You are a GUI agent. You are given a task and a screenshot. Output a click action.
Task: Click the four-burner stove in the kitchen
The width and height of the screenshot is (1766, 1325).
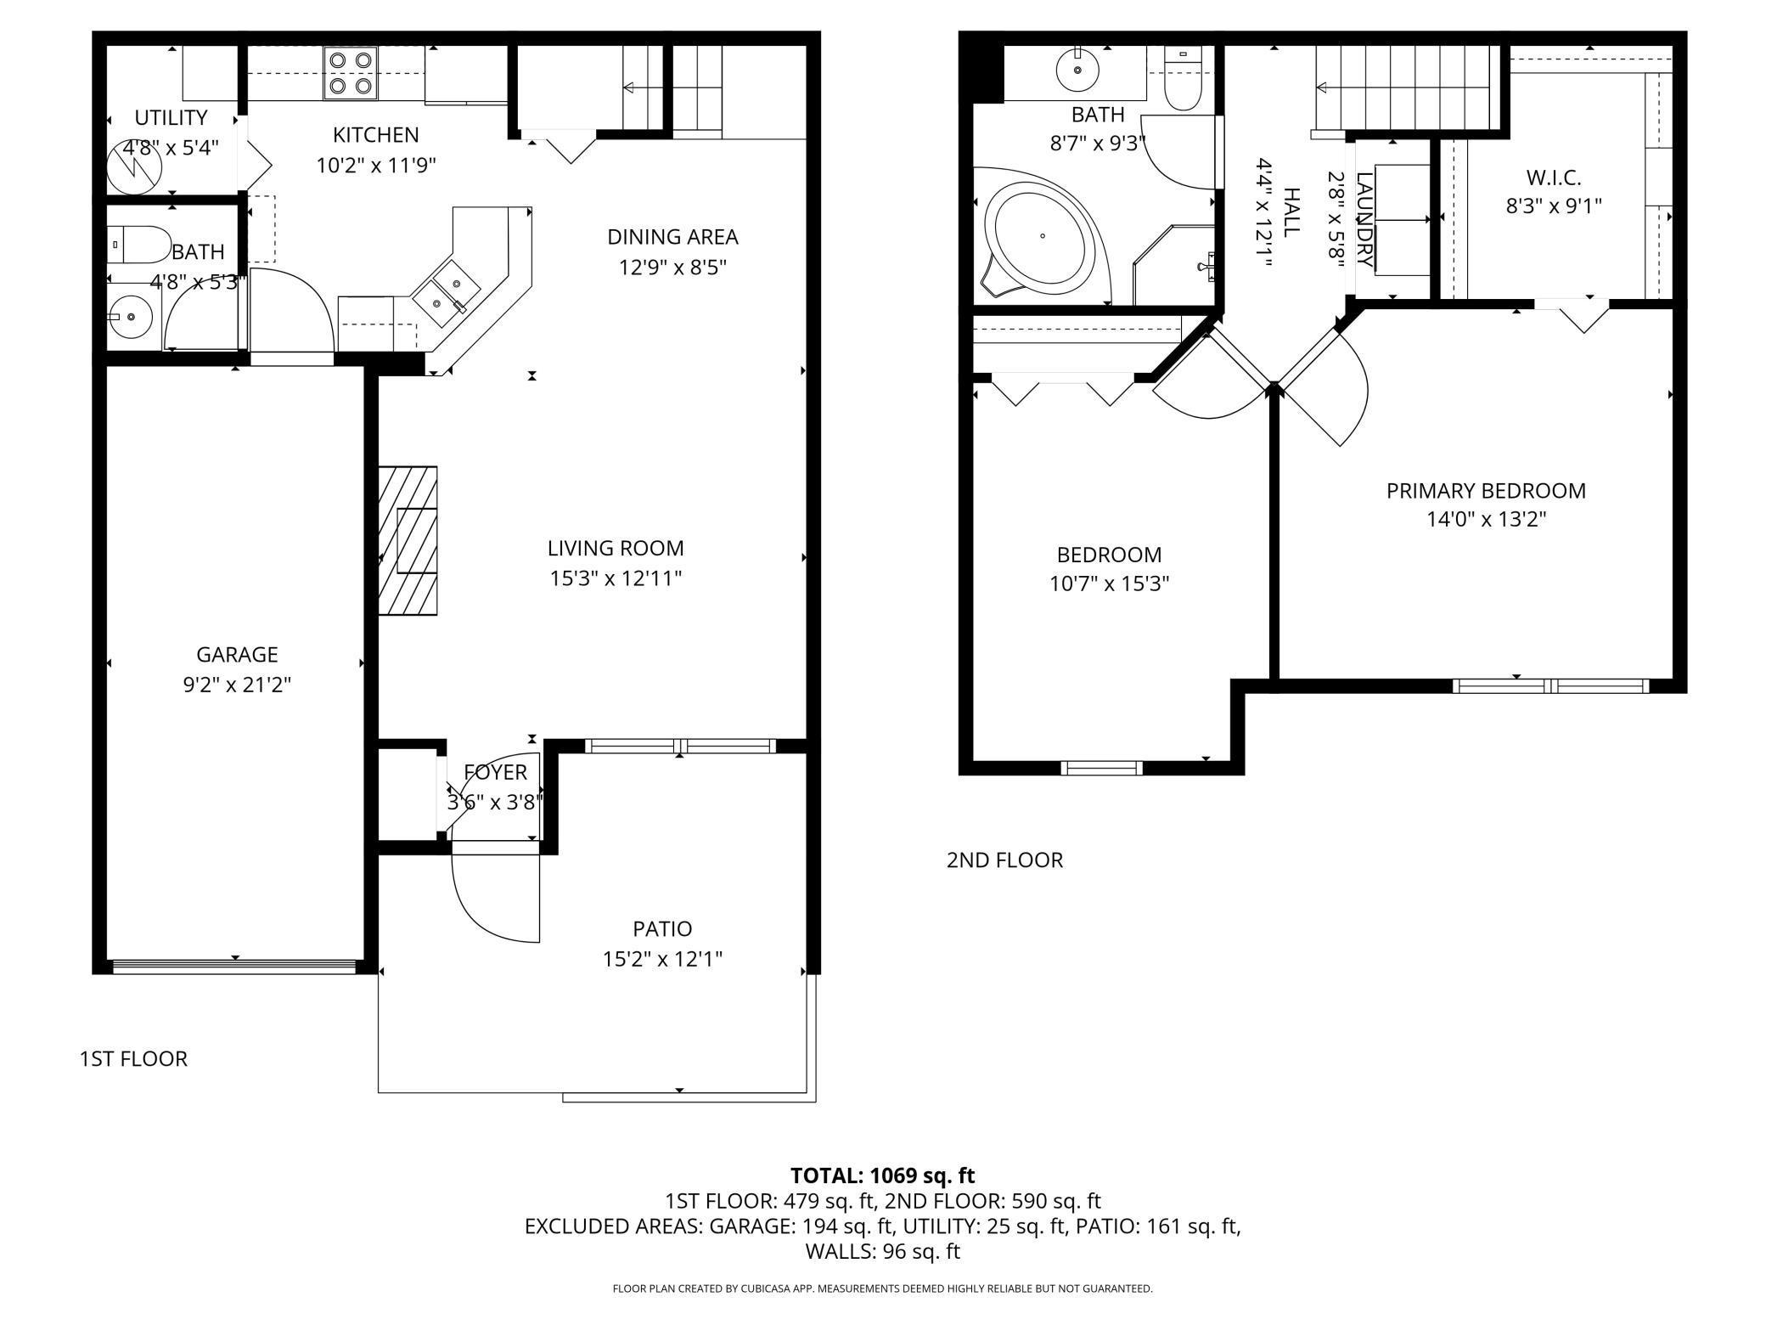point(351,73)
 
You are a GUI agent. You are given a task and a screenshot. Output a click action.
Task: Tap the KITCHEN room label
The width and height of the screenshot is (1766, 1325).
point(375,135)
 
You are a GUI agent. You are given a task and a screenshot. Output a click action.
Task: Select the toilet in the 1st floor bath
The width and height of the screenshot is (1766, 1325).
point(138,245)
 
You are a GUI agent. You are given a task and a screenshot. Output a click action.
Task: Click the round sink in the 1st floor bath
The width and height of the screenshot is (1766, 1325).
point(131,316)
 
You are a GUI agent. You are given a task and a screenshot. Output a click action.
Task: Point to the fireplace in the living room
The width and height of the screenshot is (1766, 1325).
point(408,540)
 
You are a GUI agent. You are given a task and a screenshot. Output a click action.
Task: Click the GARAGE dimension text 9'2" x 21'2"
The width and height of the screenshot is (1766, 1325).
point(237,685)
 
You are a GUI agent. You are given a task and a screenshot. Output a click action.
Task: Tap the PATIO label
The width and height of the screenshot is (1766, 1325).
point(662,928)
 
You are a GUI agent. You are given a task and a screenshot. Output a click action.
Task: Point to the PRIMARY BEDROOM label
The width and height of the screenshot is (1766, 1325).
point(1486,491)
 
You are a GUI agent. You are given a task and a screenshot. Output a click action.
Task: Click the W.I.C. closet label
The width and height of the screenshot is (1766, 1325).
point(1554,178)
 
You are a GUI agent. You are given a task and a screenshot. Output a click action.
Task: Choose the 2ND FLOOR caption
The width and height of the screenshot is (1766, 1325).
point(1004,860)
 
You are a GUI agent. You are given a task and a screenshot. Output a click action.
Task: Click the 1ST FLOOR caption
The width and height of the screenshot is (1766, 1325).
point(133,1059)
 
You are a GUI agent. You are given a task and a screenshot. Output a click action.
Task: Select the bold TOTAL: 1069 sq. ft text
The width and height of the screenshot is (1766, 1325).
point(882,1176)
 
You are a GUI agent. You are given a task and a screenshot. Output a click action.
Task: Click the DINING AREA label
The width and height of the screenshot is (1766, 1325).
point(672,237)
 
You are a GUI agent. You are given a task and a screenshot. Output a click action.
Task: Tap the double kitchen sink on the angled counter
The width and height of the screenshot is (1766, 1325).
point(447,292)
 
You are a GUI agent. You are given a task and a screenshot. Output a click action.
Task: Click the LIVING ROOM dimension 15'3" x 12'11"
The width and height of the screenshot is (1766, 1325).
point(616,578)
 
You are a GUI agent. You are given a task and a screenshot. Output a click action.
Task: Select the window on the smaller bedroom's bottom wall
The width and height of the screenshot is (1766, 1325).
point(1101,768)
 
